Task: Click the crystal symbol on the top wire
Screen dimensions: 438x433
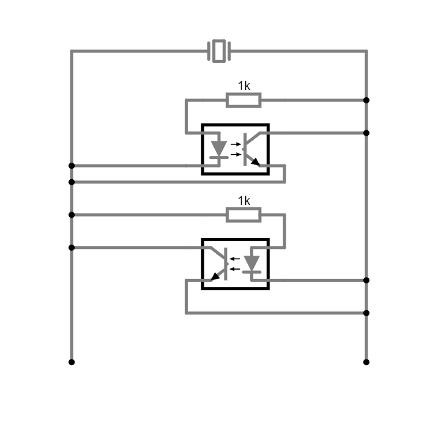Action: coord(219,51)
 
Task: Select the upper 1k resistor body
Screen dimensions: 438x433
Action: coord(243,100)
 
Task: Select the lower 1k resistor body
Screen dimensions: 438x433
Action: coord(243,215)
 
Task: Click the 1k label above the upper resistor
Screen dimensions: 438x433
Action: coord(244,86)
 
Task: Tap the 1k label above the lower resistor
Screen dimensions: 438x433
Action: coord(244,201)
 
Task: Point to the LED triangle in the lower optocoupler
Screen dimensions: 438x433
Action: coord(251,263)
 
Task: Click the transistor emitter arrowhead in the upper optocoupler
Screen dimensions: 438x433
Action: coord(256,162)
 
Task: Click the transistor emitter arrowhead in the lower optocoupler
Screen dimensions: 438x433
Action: coord(215,276)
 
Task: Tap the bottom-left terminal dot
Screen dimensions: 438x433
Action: coord(72,362)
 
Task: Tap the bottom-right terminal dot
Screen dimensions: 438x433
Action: coord(366,362)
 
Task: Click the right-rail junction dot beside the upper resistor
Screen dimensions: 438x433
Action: coord(366,100)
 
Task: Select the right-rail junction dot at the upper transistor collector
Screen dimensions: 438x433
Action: coord(366,133)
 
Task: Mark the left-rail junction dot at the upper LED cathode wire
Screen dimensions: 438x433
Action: coord(72,166)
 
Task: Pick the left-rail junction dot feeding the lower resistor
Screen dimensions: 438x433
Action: coord(72,215)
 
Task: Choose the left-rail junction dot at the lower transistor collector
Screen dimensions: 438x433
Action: coord(72,248)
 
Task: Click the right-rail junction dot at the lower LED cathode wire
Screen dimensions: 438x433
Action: coord(366,280)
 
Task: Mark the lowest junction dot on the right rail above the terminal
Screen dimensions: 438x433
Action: coord(366,313)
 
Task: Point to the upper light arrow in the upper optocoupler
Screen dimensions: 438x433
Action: coord(236,144)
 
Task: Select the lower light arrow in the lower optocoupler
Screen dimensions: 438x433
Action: coord(235,269)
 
